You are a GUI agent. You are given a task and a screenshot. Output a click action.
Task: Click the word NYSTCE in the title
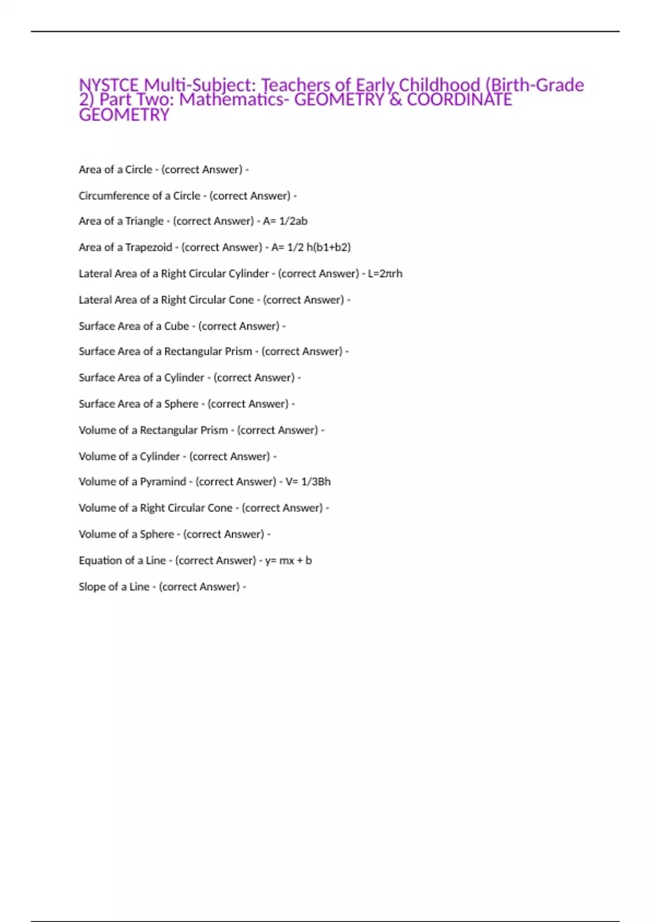109,85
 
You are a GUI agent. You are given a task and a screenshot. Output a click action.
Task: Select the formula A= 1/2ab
285,221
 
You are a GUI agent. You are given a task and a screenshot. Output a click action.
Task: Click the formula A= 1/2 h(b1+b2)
311,247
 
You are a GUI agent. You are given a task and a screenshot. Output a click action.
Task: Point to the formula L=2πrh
385,274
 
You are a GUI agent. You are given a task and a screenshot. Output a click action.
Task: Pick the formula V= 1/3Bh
308,482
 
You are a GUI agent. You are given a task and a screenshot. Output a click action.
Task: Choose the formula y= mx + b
288,561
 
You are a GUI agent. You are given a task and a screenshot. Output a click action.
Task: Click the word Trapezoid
149,247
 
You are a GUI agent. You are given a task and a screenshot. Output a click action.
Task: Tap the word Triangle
144,221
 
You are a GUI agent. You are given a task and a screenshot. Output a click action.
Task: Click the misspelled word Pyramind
163,482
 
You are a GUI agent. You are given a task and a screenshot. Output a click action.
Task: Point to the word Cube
176,326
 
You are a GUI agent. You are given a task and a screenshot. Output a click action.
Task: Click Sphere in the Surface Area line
181,404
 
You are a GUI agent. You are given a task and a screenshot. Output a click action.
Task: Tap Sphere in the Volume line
157,534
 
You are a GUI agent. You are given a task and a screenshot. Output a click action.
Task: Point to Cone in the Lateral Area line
241,300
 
